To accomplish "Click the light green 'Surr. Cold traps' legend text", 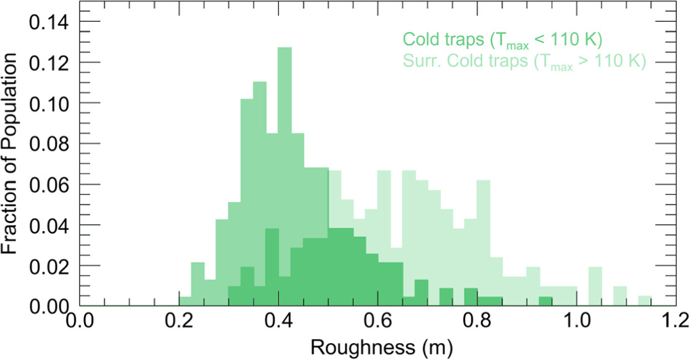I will (523, 62).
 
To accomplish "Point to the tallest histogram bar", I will (285, 176).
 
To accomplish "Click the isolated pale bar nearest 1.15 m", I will (645, 302).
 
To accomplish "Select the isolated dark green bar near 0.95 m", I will (545, 302).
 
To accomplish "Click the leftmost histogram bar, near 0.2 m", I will (185, 301).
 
